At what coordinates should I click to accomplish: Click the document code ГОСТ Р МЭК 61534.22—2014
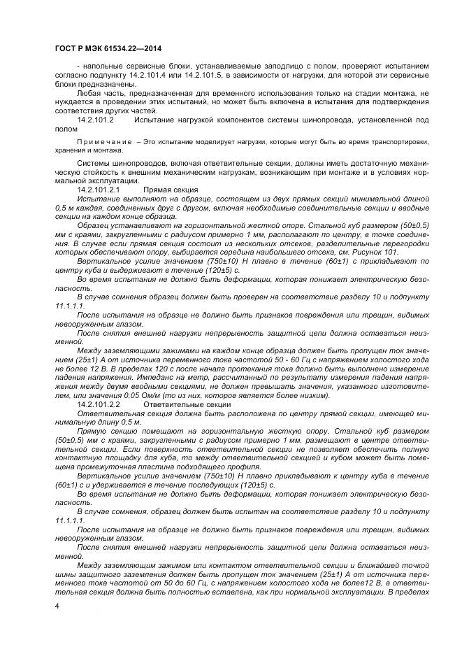tap(103, 48)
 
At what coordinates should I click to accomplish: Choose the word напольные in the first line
tap(102, 66)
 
